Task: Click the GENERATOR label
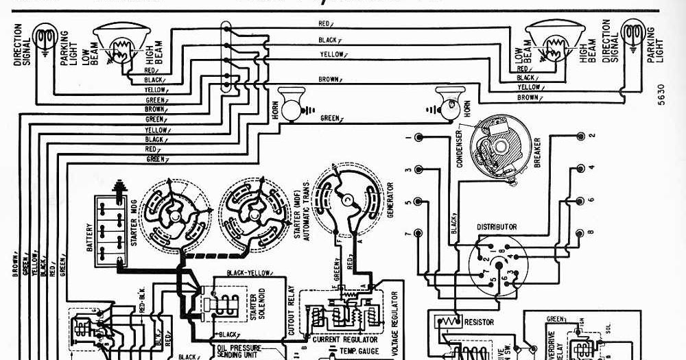(390, 200)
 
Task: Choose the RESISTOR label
(479, 321)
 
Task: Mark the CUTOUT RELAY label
(291, 316)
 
